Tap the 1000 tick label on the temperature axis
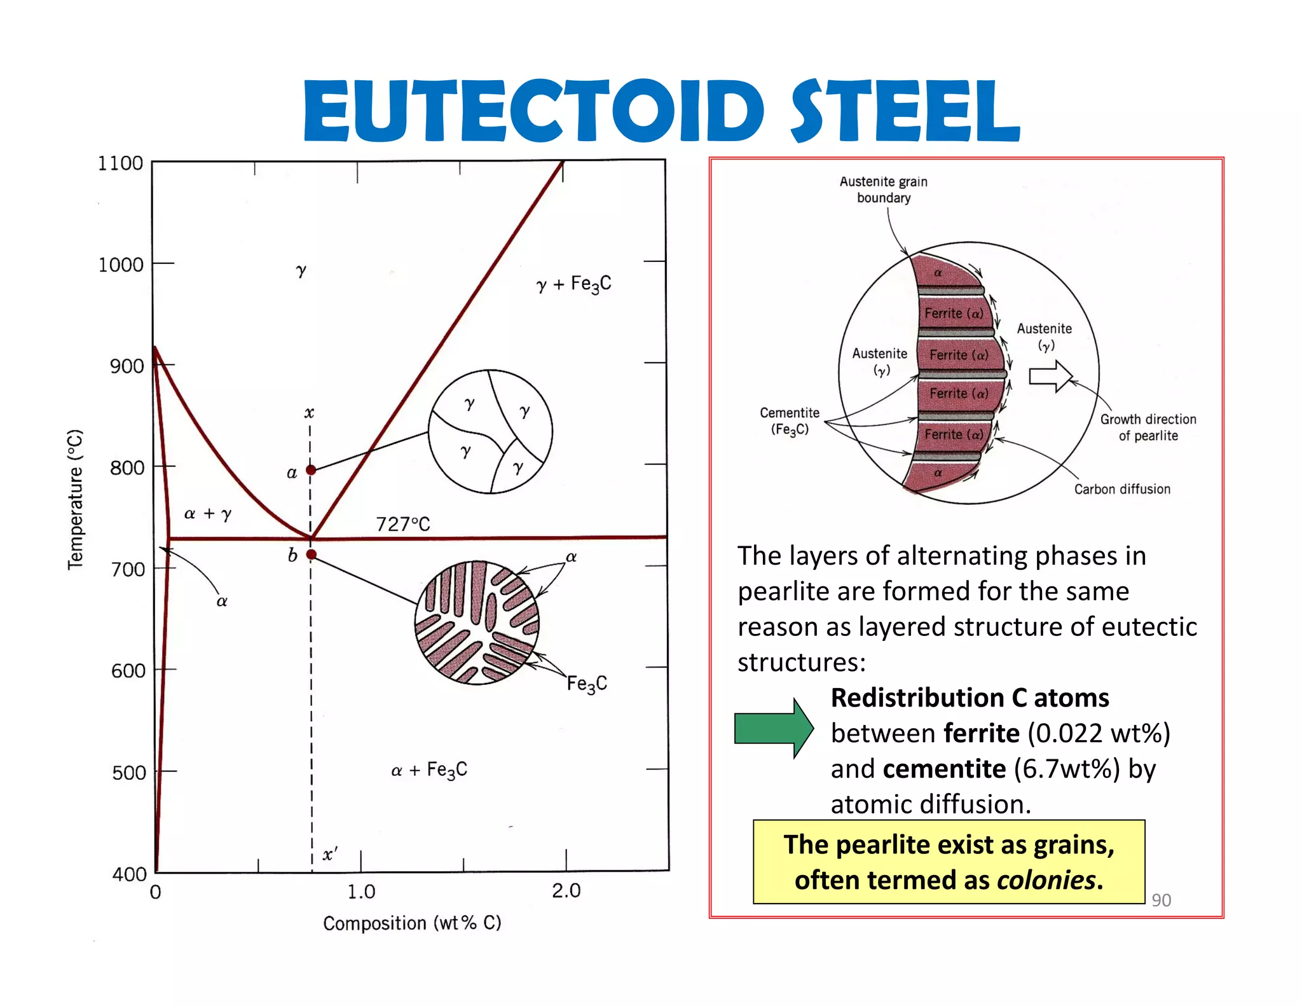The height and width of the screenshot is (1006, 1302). (x=120, y=265)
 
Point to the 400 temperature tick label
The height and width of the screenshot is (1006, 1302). (x=129, y=874)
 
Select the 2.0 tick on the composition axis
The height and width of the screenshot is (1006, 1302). (x=566, y=890)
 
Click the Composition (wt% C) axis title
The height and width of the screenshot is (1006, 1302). (x=412, y=923)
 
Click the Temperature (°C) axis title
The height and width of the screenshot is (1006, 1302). (x=76, y=499)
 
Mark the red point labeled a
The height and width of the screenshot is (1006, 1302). (x=311, y=470)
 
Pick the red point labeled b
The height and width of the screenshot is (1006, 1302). (x=311, y=555)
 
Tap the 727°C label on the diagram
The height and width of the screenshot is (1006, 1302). (x=403, y=524)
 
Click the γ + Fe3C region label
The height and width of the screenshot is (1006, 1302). (x=573, y=284)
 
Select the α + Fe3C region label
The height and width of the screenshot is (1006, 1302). (x=429, y=770)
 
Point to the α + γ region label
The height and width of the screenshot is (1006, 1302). (x=208, y=513)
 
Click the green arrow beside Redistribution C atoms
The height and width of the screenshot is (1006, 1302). (x=773, y=728)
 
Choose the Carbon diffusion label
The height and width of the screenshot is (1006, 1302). (x=1122, y=489)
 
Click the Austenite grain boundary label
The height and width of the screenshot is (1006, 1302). (x=883, y=189)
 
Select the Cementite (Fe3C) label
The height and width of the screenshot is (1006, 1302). (x=790, y=421)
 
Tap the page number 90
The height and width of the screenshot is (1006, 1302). (x=1161, y=900)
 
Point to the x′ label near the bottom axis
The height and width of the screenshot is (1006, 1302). (x=329, y=854)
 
